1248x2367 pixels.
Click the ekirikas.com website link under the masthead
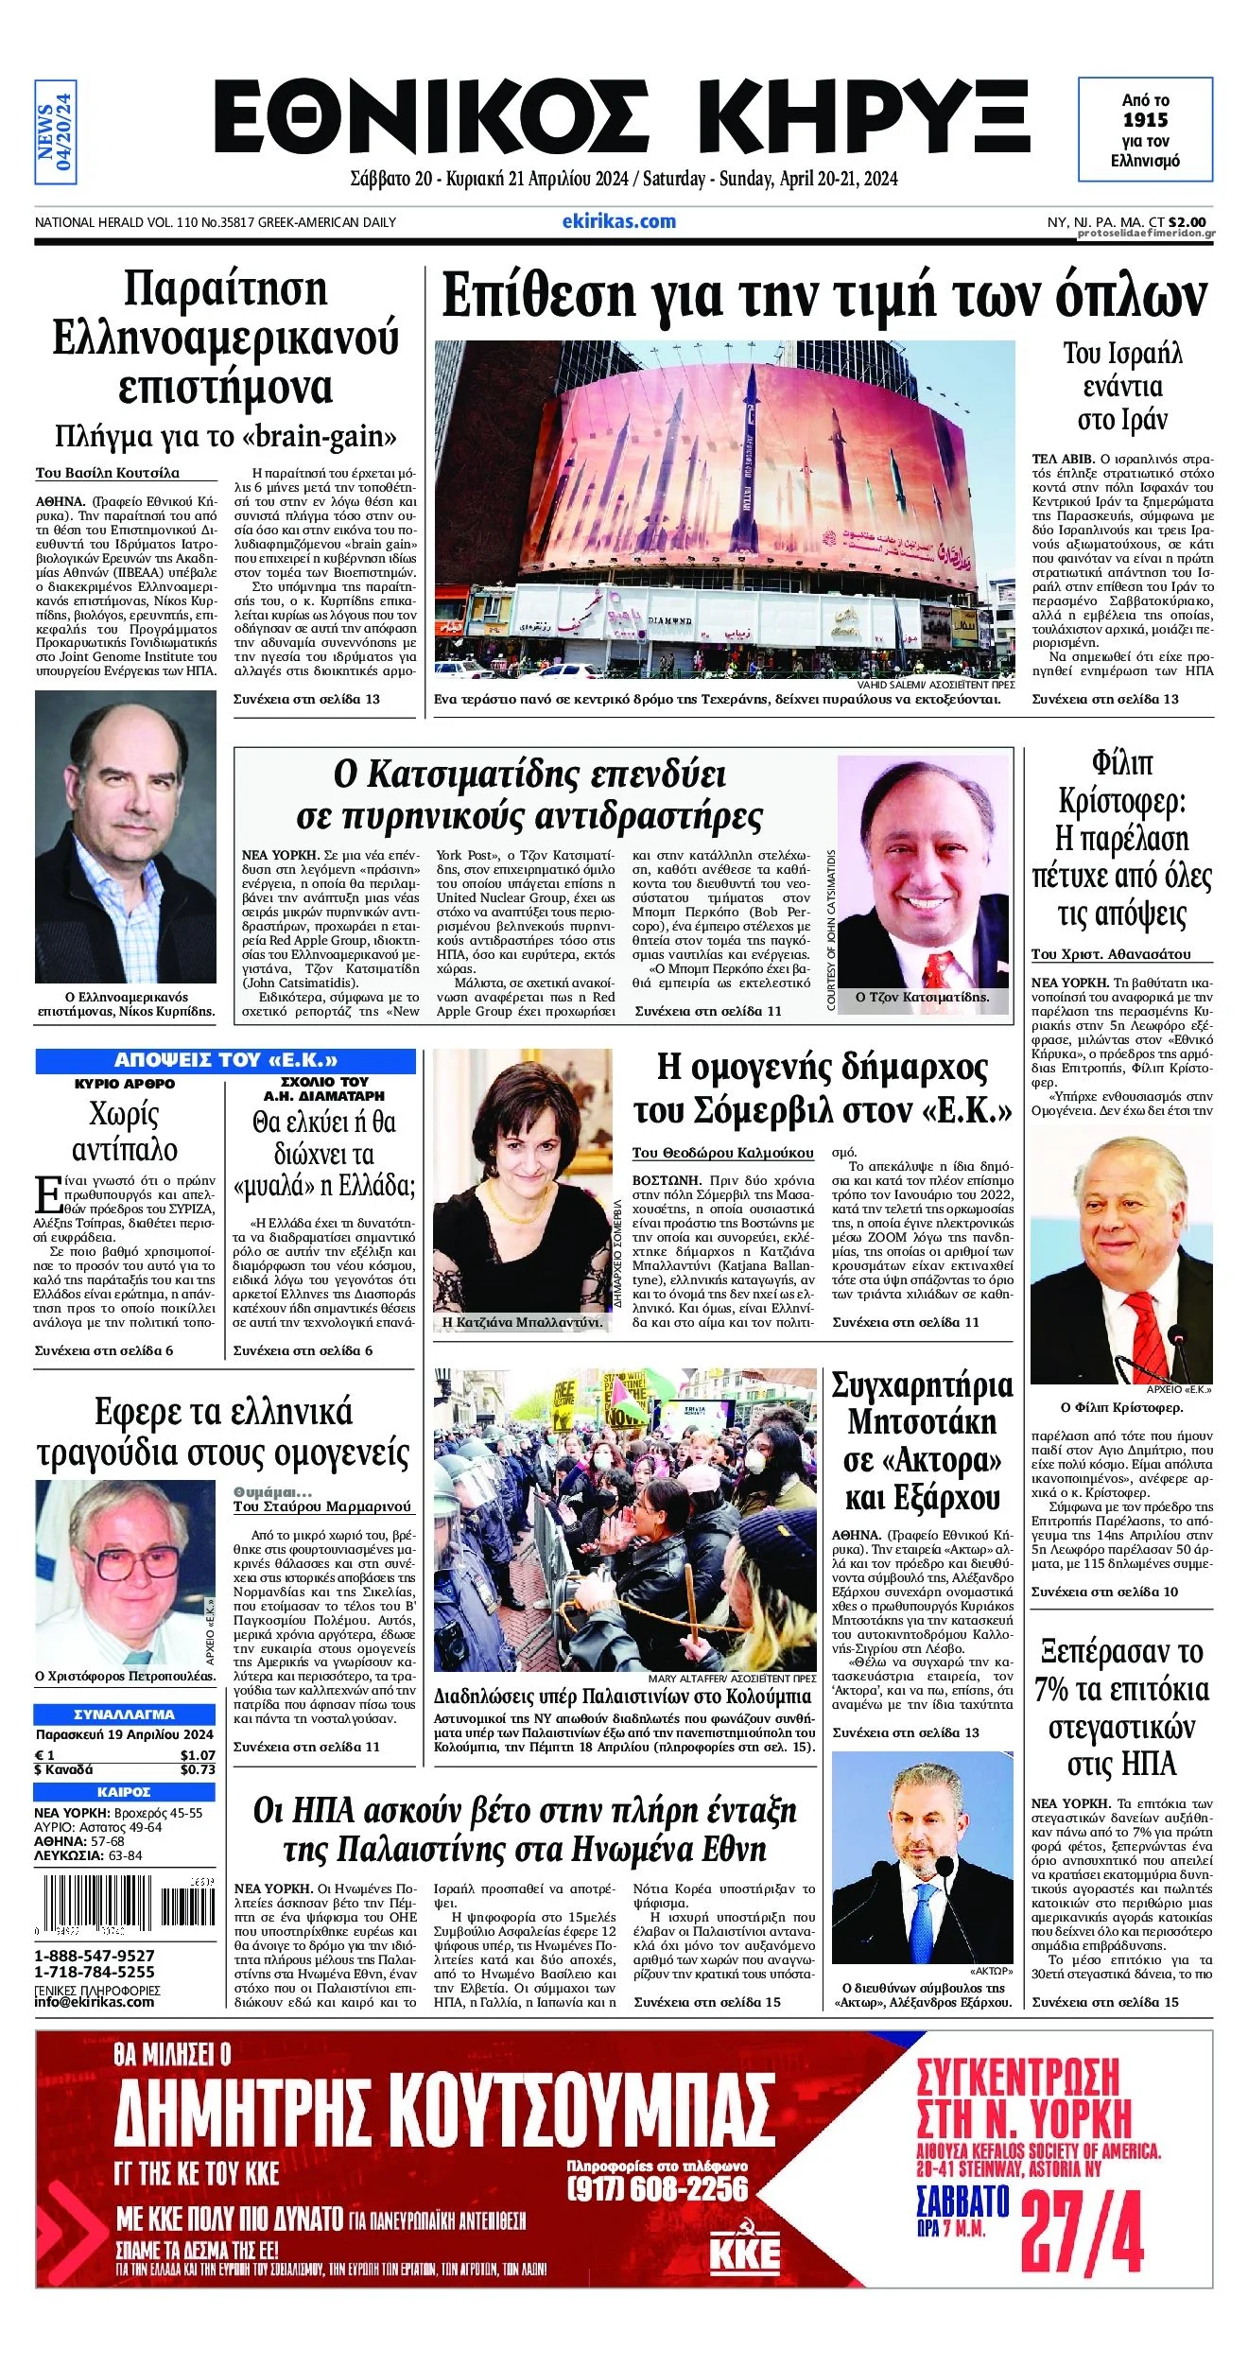click(618, 221)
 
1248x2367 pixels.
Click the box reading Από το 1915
click(1145, 130)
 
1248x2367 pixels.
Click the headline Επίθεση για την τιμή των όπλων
click(823, 296)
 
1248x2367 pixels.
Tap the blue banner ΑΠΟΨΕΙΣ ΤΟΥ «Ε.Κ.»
click(225, 1060)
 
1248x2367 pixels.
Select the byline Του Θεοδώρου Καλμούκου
click(723, 1153)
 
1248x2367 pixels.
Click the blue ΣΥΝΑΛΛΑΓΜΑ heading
click(124, 1714)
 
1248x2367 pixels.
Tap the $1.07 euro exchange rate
click(198, 1755)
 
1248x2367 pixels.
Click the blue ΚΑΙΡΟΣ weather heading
click(124, 1791)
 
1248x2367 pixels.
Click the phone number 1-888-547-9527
click(95, 1956)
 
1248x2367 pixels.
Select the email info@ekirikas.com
click(95, 2001)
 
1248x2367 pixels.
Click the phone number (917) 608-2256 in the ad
click(657, 2188)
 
